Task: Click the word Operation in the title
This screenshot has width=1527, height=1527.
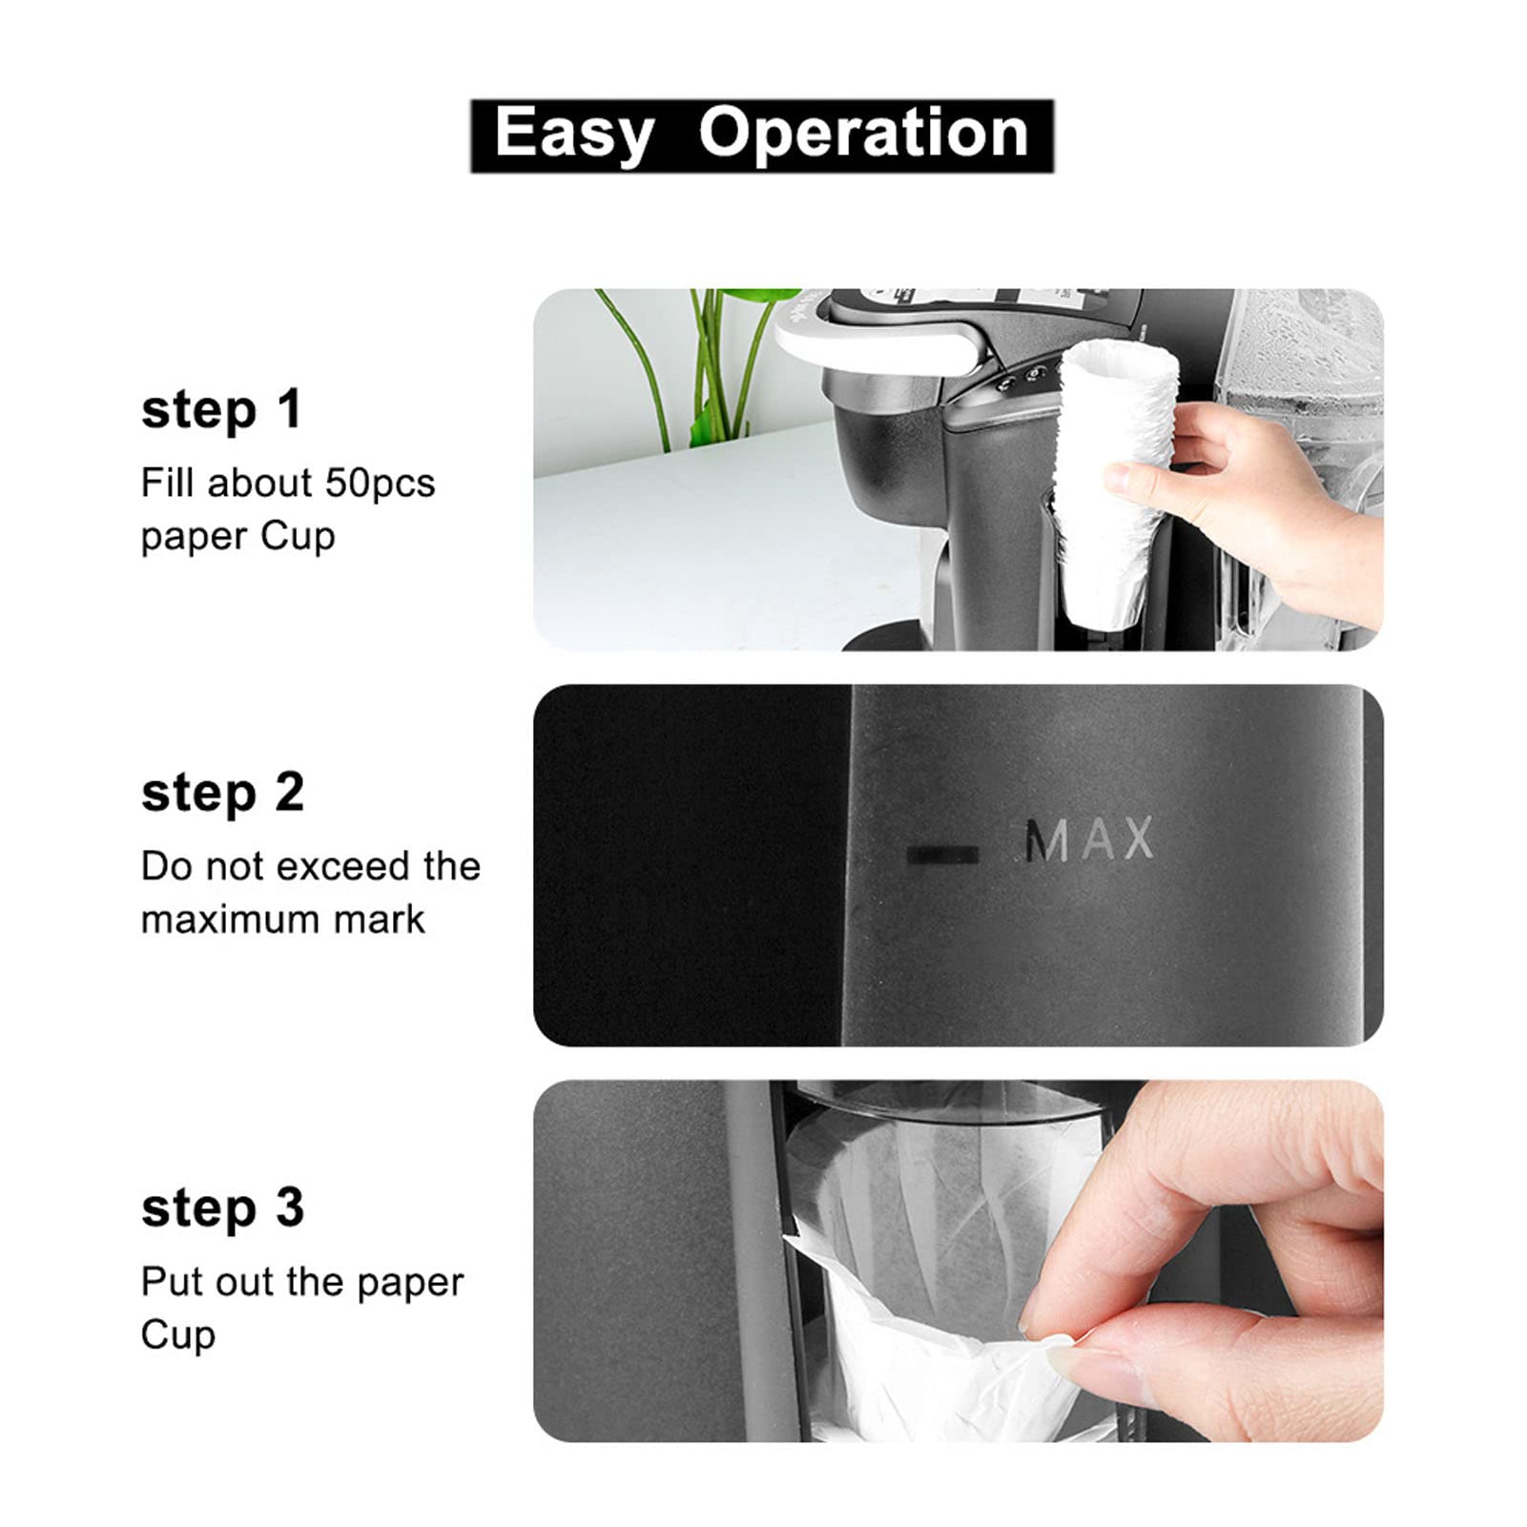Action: [x=863, y=133]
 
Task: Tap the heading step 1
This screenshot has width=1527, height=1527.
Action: [x=221, y=410]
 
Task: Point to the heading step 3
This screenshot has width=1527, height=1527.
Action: [x=222, y=1207]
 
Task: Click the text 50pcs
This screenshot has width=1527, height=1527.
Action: [x=380, y=484]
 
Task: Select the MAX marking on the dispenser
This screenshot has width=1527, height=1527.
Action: [x=1087, y=840]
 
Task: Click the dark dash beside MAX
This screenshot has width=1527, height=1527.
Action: [x=941, y=854]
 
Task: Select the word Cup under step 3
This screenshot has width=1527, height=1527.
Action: [x=177, y=1335]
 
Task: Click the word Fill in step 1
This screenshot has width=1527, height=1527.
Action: [x=168, y=484]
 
